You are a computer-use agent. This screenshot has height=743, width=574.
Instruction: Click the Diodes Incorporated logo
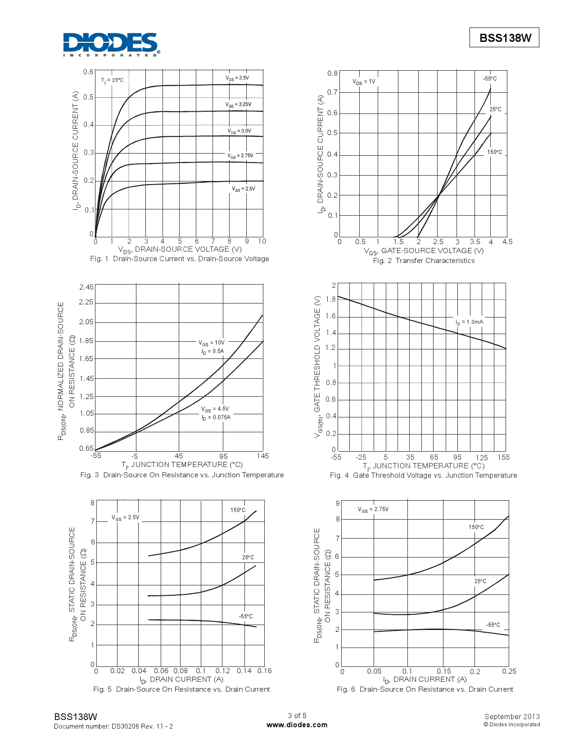tap(111, 44)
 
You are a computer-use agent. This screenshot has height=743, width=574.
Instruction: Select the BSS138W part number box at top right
tap(504, 38)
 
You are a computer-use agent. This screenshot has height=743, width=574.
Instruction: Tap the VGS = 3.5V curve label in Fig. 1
tap(237, 78)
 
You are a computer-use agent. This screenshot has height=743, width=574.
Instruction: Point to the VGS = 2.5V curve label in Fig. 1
tap(244, 189)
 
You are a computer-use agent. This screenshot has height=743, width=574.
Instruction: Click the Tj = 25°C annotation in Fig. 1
tap(112, 81)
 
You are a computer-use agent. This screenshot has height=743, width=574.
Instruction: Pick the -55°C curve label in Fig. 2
tap(490, 79)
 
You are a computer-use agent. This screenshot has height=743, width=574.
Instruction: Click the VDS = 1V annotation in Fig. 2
tap(364, 82)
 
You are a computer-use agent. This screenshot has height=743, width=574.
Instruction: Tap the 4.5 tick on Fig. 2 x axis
tap(507, 242)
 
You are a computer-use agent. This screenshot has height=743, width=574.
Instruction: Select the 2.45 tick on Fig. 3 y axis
tap(86, 287)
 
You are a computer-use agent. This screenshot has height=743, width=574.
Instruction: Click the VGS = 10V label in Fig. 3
tap(212, 343)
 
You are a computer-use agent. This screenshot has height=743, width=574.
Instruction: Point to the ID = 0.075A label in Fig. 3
tap(216, 418)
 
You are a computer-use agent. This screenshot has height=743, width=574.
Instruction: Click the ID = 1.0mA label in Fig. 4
tap(469, 322)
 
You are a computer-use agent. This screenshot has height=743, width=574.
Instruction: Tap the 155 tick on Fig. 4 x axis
tap(504, 458)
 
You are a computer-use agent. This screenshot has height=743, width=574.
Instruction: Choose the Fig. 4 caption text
tap(423, 476)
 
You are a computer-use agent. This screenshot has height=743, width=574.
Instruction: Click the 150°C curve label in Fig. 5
tap(238, 510)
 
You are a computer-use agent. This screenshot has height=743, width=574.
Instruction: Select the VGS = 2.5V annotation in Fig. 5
tap(126, 518)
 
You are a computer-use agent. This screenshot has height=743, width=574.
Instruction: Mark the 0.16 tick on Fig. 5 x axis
tap(265, 671)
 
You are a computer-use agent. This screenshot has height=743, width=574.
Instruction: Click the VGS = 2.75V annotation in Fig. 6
tap(373, 510)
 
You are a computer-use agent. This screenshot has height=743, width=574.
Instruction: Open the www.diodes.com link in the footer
tap(297, 725)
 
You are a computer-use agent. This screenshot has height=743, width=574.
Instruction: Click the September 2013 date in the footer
tap(512, 716)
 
